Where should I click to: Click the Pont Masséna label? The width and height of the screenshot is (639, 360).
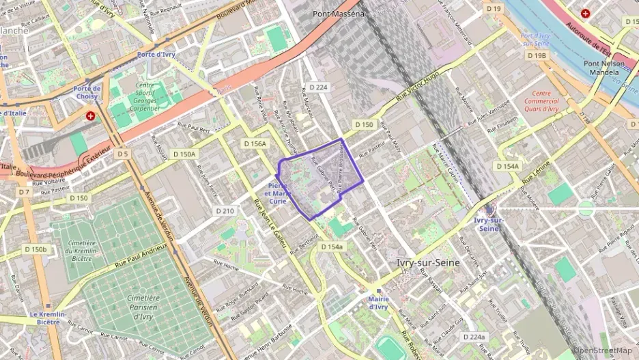coord(339,13)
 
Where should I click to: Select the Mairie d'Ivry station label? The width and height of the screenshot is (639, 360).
coord(378,303)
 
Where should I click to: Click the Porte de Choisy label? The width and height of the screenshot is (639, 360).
coord(87,92)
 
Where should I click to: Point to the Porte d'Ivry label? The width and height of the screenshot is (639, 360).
coord(156,54)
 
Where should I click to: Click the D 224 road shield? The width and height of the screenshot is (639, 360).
coord(318,87)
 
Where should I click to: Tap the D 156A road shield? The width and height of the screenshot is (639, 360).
coord(255,143)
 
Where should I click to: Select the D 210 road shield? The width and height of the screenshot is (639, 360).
coord(225,211)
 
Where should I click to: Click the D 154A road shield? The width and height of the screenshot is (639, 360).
coord(507,166)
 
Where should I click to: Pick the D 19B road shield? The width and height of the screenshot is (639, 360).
coord(537,55)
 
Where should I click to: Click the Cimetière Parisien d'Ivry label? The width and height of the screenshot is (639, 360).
coord(143,307)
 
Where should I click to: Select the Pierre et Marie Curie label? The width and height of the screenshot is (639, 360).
coord(277,193)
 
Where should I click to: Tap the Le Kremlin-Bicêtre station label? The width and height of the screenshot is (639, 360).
coord(48,318)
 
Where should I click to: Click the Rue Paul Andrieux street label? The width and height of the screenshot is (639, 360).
coord(141,254)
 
